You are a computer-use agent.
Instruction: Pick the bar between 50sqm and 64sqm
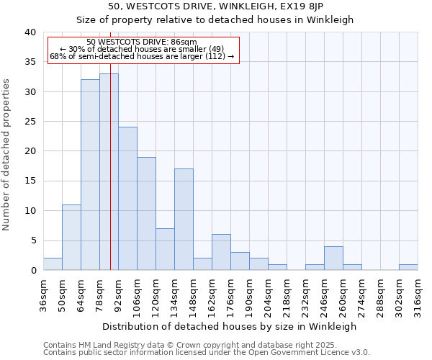[x=71, y=238]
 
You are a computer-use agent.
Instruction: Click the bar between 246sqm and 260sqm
[x=333, y=258]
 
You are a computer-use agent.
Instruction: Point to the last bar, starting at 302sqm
[x=408, y=267]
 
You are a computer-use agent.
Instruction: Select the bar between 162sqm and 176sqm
[x=221, y=253]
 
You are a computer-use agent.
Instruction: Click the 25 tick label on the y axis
[x=30, y=122]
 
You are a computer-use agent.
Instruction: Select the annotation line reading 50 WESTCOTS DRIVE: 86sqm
[x=142, y=42]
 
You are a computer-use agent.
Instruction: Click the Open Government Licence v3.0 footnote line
[x=207, y=353]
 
